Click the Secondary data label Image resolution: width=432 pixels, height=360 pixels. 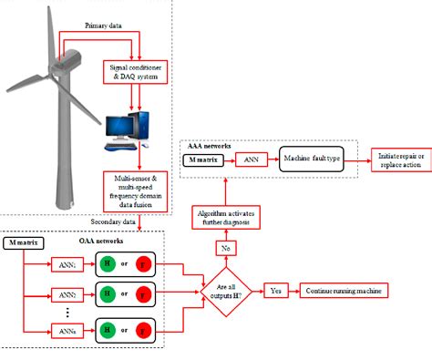point(111,221)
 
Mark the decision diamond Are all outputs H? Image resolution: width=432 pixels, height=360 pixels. point(225,292)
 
